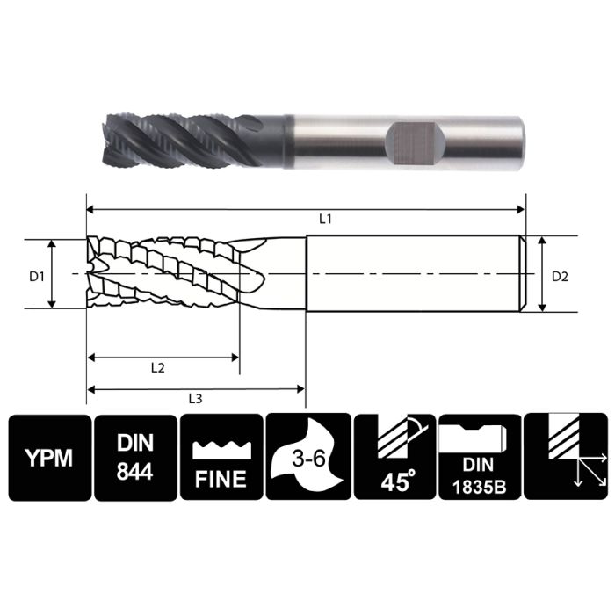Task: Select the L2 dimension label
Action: click(157, 368)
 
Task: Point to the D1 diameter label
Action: click(36, 276)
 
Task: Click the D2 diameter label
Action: click(561, 276)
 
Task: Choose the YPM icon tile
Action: click(49, 458)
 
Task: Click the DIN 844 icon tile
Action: click(134, 458)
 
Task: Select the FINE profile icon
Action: click(221, 458)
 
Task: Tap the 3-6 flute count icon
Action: click(307, 458)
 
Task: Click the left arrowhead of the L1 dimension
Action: click(90, 209)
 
